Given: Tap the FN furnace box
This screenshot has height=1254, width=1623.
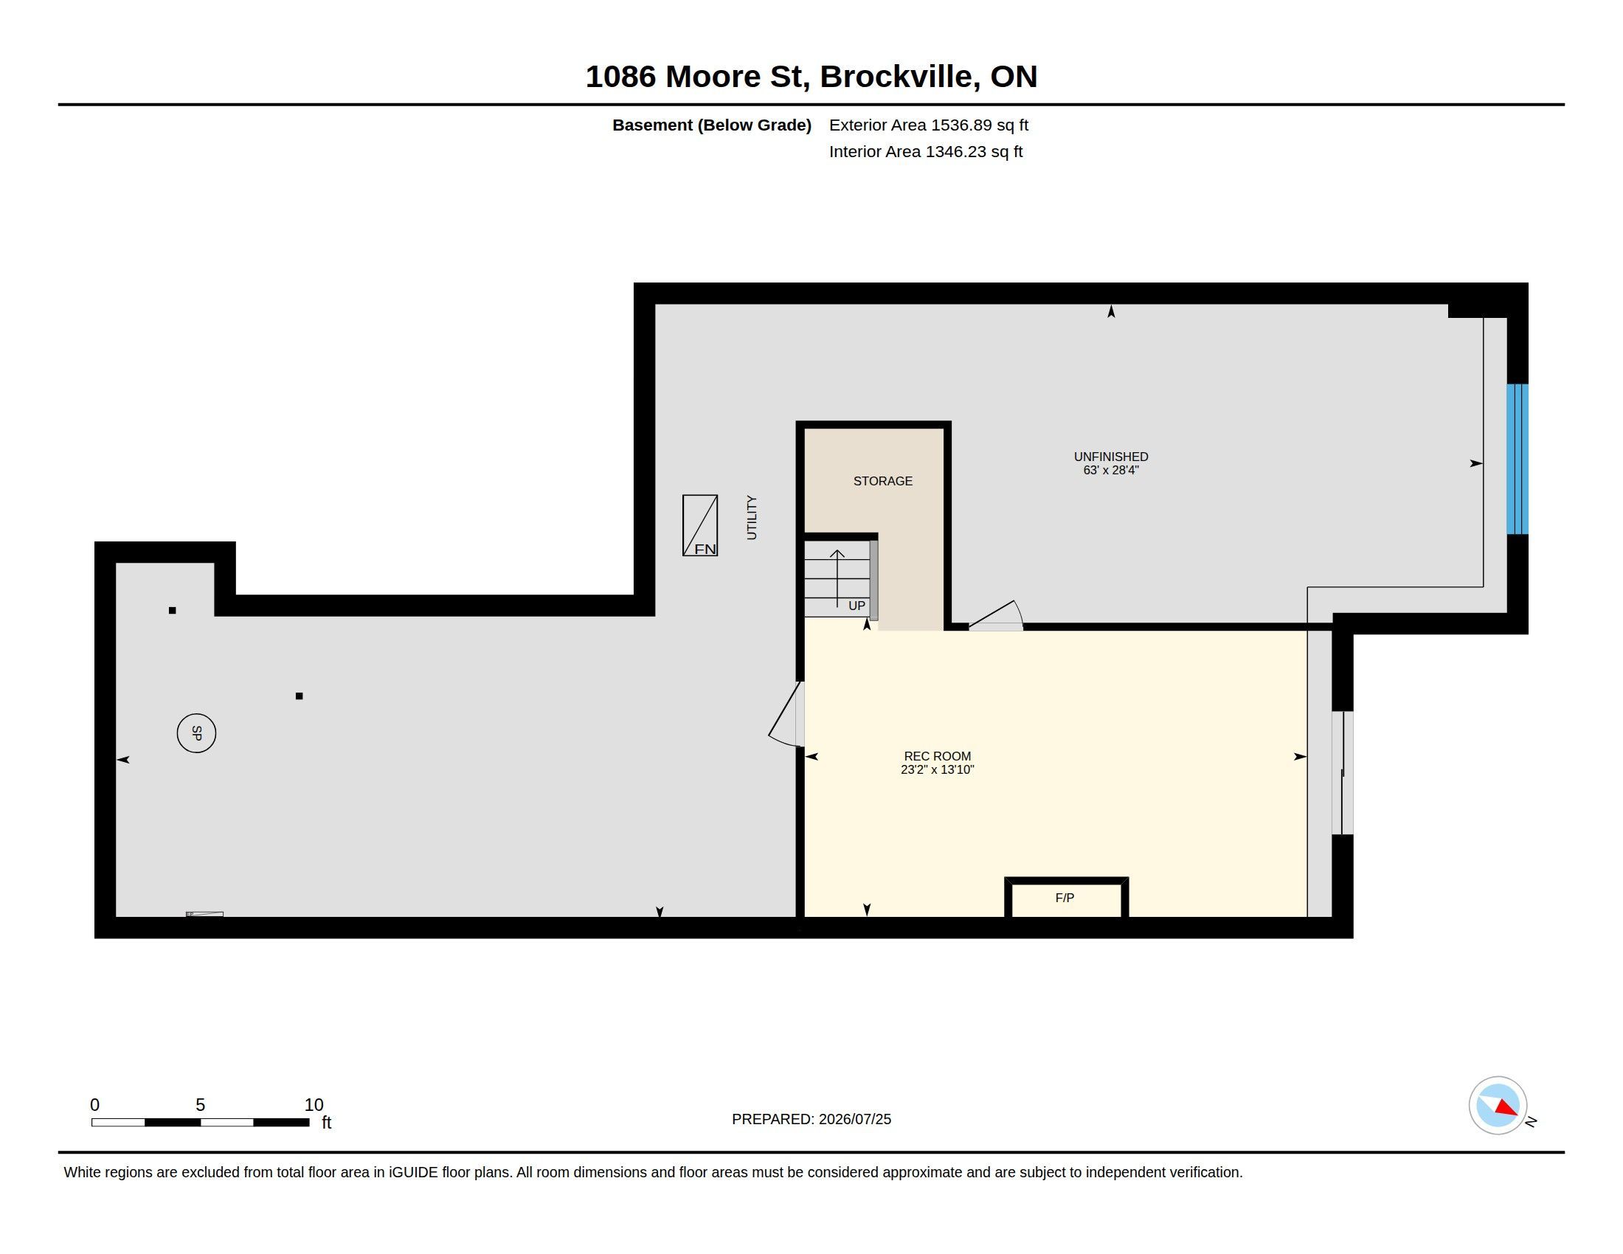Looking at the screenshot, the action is point(700,525).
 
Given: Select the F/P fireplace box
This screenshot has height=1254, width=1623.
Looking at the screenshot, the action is point(1067,898).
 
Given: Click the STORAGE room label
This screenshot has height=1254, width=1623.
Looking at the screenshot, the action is point(883,482).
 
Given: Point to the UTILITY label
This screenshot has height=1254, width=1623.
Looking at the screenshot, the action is point(751,518).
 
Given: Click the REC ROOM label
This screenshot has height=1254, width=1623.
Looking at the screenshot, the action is point(937,756).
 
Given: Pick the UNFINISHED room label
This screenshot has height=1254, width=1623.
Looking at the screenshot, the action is point(1111,457).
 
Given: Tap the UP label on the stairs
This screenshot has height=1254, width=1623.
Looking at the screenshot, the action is point(857,606).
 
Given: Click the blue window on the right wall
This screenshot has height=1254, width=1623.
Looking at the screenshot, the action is point(1517,459).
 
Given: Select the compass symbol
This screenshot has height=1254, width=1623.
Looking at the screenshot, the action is point(1498,1105).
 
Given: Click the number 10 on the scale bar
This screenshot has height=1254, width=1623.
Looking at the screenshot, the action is point(314,1105).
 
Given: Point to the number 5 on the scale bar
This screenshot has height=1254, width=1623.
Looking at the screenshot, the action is point(200,1105).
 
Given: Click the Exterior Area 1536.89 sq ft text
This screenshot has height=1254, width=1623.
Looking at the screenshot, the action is point(928,125).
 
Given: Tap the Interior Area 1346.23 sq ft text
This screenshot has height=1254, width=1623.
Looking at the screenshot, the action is point(925,151).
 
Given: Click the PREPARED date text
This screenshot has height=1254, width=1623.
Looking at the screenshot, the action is point(811,1119).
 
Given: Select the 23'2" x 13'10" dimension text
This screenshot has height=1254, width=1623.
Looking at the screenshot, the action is point(937,769).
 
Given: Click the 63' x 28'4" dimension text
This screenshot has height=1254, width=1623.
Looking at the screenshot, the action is point(1111,471).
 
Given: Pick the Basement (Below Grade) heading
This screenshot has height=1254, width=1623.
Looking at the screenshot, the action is point(711,125).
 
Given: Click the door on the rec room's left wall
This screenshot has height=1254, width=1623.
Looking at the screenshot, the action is point(786,713).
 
